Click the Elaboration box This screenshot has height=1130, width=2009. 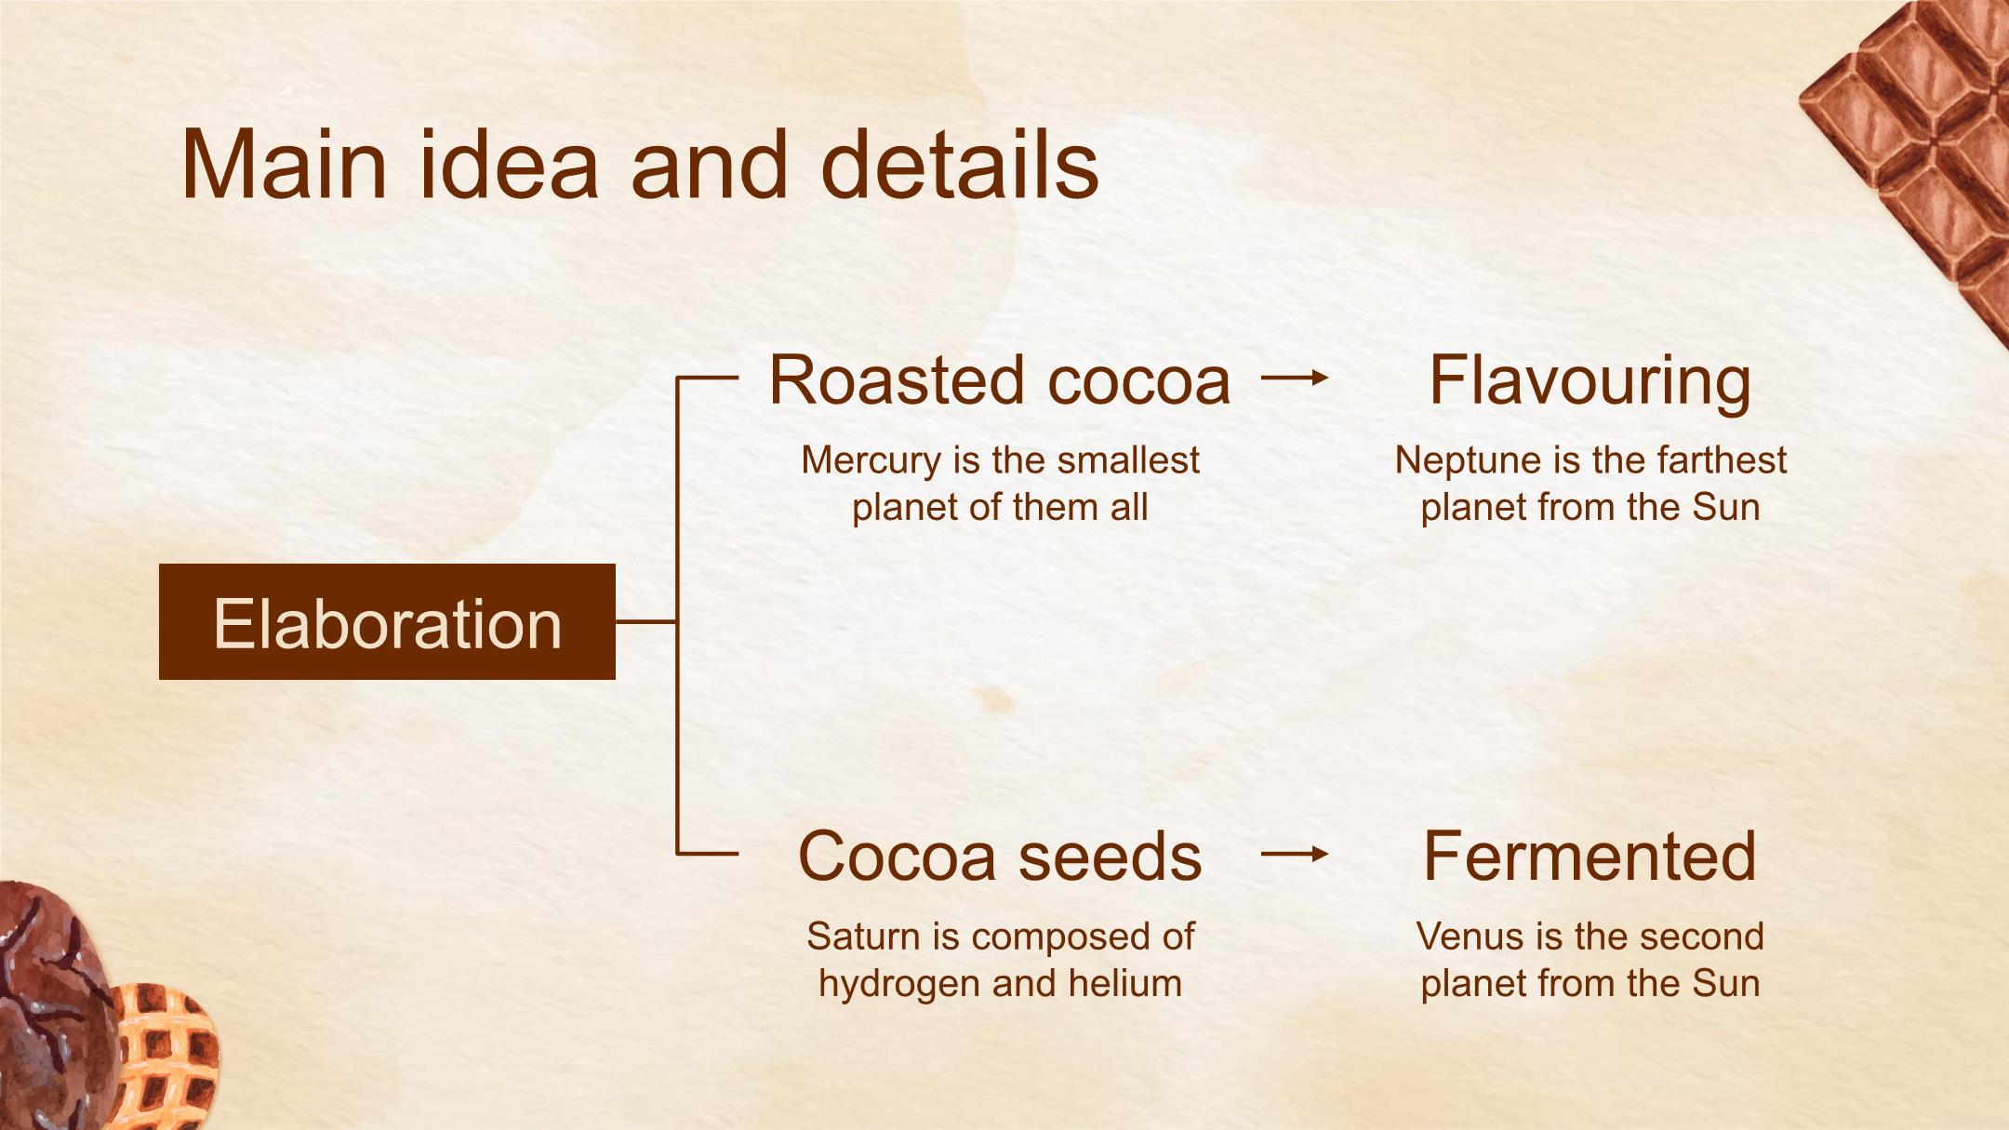387,621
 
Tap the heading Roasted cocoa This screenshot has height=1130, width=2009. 1000,380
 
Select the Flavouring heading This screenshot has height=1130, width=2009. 1590,382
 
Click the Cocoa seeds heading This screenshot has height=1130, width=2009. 1000,857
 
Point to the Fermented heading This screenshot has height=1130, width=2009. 1590,857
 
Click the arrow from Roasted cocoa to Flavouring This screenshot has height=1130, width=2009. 1295,378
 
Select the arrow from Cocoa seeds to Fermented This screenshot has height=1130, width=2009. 1295,854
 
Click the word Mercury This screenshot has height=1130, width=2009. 871,461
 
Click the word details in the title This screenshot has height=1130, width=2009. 960,164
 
